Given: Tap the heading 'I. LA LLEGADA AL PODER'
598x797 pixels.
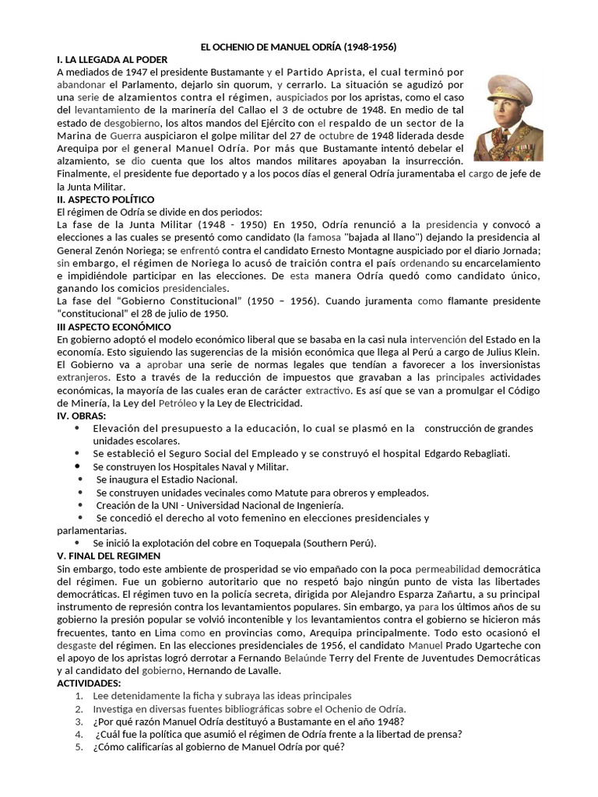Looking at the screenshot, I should click(x=112, y=59).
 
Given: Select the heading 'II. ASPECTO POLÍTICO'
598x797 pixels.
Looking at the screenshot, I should click(x=106, y=199).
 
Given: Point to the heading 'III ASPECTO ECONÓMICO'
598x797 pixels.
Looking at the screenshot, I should click(x=114, y=326).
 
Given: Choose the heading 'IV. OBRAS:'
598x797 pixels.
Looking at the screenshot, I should click(x=83, y=416).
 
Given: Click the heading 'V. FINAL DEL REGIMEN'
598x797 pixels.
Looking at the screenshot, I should click(x=109, y=556).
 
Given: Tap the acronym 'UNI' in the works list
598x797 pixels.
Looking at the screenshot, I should click(x=159, y=504).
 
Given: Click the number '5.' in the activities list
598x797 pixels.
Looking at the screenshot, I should click(x=79, y=747).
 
